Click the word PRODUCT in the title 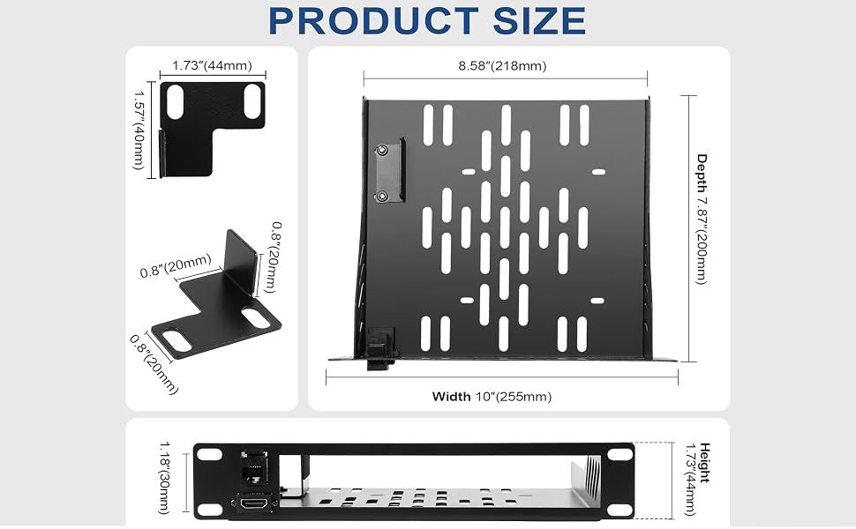click(373, 21)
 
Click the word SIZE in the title click(539, 21)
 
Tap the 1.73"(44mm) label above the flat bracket click(213, 65)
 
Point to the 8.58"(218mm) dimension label click(502, 66)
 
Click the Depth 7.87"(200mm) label click(702, 219)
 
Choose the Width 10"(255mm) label click(492, 397)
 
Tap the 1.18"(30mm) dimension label click(164, 478)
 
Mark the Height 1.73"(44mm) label click(697, 479)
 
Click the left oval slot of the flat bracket click(176, 102)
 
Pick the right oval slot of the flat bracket click(252, 101)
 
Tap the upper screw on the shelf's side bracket click(381, 149)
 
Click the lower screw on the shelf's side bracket click(382, 195)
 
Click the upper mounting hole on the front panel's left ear click(207, 454)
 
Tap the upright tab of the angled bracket click(241, 262)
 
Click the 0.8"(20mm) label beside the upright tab click(276, 257)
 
